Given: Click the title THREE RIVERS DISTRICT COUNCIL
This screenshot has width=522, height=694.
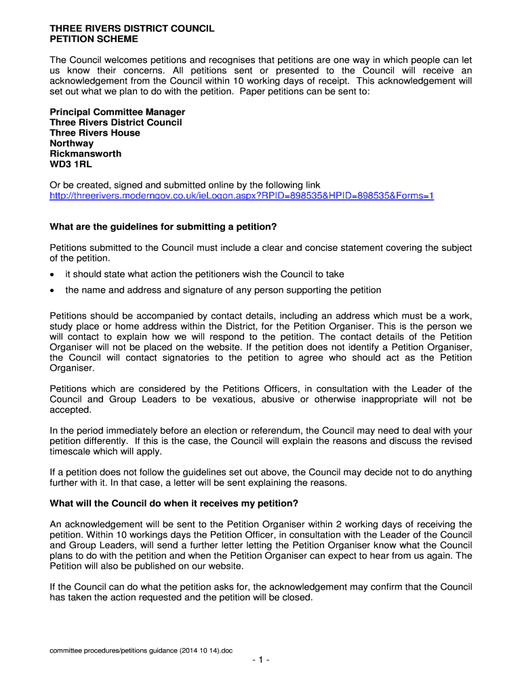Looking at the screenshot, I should [x=132, y=28].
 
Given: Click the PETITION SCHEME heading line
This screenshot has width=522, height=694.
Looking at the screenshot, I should [x=94, y=39].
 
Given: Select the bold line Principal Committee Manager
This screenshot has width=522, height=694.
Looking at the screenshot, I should [x=117, y=112].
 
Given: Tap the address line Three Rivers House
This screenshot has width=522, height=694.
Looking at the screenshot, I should [x=95, y=133].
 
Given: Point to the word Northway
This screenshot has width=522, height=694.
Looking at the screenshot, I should [x=72, y=143].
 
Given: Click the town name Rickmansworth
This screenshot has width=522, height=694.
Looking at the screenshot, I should [x=85, y=154].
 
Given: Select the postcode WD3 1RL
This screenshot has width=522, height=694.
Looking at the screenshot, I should [x=69, y=164].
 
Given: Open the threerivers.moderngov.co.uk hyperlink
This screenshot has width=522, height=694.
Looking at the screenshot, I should [x=242, y=196].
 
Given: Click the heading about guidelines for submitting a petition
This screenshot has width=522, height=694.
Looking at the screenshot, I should [x=164, y=226].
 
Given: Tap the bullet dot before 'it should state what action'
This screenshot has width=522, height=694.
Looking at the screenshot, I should [x=53, y=274].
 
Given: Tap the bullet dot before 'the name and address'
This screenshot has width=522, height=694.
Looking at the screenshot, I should [x=53, y=290].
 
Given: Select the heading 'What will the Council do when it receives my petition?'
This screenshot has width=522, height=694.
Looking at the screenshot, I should [x=174, y=503].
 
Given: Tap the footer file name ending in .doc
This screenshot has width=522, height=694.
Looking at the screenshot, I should [x=142, y=650].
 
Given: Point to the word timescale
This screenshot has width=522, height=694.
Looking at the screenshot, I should [x=72, y=451].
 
